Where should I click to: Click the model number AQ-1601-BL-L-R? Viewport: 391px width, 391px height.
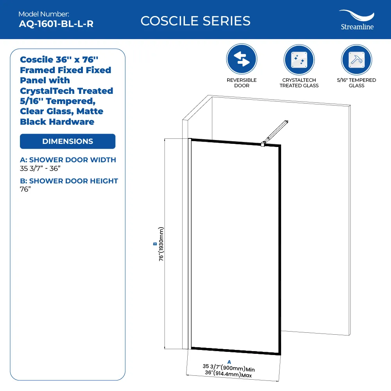pyautogui.click(x=56, y=24)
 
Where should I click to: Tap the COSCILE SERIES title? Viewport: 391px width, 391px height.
pyautogui.click(x=195, y=21)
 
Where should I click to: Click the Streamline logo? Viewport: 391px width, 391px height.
pyautogui.click(x=357, y=20)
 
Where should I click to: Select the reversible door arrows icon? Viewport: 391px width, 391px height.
pyautogui.click(x=242, y=59)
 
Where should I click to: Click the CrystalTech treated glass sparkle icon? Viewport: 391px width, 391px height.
pyautogui.click(x=299, y=60)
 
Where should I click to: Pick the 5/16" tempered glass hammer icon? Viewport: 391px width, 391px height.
pyautogui.click(x=357, y=60)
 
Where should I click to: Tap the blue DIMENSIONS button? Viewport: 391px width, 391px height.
pyautogui.click(x=68, y=142)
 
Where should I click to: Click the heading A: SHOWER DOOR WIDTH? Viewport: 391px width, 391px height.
pyautogui.click(x=68, y=160)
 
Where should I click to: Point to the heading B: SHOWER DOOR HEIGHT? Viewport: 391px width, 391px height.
pyautogui.click(x=69, y=181)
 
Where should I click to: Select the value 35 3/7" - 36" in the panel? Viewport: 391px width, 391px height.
pyautogui.click(x=40, y=169)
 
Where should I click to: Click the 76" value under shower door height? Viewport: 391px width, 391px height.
pyautogui.click(x=25, y=189)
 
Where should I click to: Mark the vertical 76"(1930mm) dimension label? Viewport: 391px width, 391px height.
pyautogui.click(x=161, y=244)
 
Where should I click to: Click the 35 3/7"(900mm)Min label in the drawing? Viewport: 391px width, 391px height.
pyautogui.click(x=229, y=368)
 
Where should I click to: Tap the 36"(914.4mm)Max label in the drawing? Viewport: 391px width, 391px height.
pyautogui.click(x=228, y=374)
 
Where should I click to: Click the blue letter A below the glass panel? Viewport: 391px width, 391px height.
pyautogui.click(x=229, y=362)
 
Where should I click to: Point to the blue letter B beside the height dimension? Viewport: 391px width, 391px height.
pyautogui.click(x=155, y=244)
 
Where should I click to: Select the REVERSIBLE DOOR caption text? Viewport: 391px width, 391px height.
pyautogui.click(x=242, y=83)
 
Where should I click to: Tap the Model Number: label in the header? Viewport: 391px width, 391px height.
pyautogui.click(x=44, y=14)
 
